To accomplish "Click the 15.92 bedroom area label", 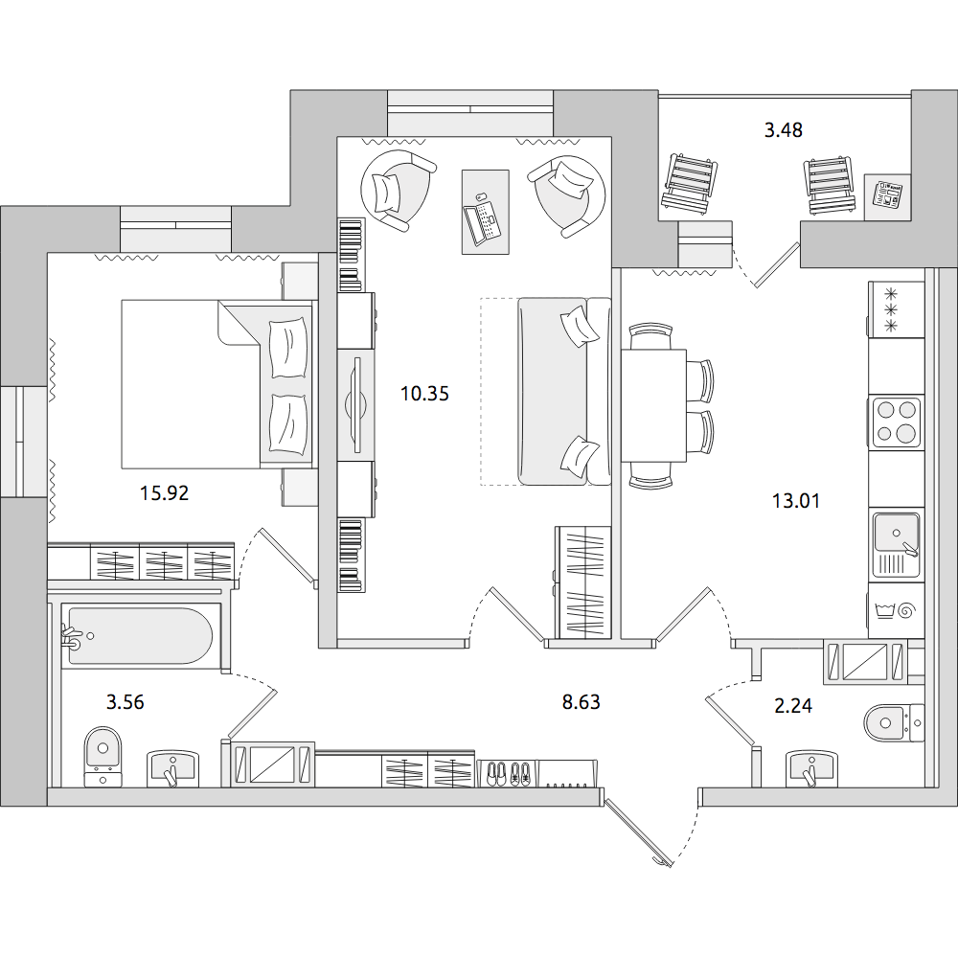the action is [165, 492].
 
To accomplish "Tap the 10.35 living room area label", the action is [424, 394].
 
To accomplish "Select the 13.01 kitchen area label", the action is [795, 501].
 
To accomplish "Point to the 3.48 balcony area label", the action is [784, 130].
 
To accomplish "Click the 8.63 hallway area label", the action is [582, 702].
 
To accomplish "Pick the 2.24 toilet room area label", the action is [793, 706].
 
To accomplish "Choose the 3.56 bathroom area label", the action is [125, 702].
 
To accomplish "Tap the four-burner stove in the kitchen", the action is [897, 422].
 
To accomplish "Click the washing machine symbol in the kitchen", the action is [897, 610].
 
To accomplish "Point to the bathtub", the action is [139, 635].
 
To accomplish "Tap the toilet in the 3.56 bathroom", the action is [103, 756].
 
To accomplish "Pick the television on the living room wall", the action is [356, 404].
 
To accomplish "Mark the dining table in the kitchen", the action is [653, 405].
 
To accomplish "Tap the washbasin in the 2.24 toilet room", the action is [811, 768].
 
